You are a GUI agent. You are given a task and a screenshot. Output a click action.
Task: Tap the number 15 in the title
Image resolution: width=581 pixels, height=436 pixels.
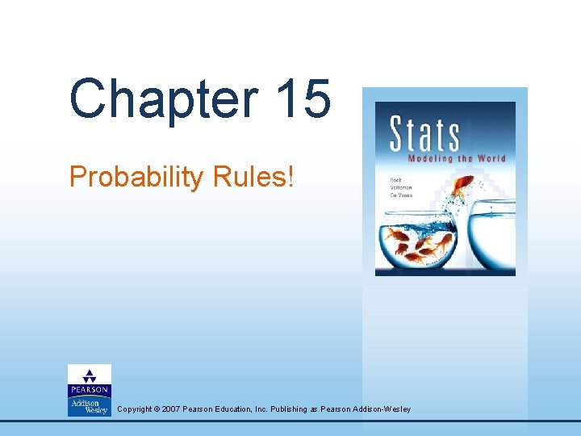(302, 99)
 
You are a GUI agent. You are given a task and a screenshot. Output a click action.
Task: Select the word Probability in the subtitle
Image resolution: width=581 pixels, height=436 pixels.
(136, 177)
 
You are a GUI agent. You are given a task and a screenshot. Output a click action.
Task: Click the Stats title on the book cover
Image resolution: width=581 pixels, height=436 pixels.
(424, 133)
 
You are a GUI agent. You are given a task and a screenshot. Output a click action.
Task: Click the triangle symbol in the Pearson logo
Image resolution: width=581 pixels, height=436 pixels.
(90, 374)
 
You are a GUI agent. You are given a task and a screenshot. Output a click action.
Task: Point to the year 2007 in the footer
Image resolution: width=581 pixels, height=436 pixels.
(171, 409)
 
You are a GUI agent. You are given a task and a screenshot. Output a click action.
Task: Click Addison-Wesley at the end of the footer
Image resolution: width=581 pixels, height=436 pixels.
(382, 409)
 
